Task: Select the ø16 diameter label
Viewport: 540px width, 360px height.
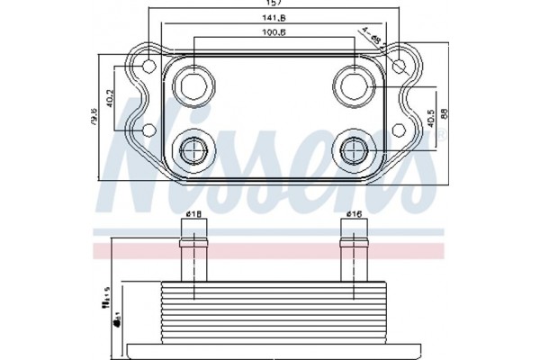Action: [354, 214]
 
